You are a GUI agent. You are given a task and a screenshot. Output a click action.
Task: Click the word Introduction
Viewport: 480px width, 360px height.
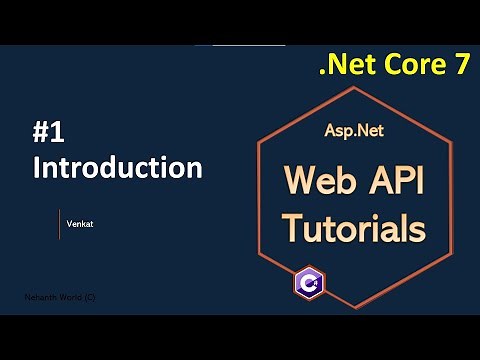118,166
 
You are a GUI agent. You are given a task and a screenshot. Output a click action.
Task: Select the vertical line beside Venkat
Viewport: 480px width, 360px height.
59,224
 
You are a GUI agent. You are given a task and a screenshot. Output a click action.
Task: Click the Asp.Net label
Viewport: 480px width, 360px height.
352,130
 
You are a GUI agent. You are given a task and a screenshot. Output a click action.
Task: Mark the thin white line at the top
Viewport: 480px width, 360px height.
240,46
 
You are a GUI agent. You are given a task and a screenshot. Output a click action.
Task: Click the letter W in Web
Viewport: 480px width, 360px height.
297,181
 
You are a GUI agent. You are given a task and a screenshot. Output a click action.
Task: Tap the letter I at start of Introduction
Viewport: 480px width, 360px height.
37,166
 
